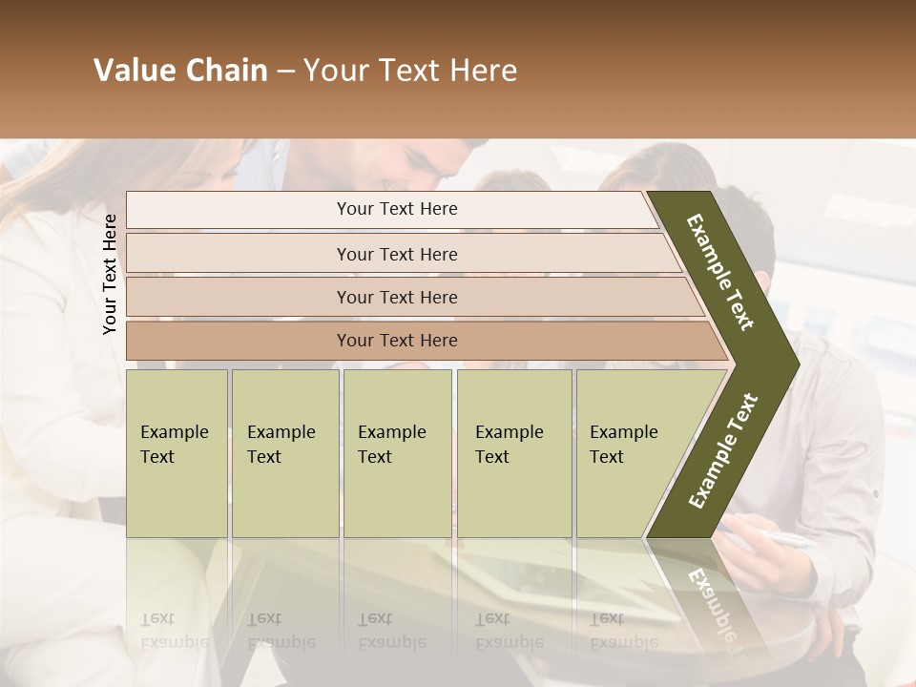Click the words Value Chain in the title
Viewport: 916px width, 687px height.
[x=180, y=71]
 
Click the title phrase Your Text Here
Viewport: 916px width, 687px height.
[x=410, y=71]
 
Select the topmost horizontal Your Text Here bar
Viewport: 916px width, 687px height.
[x=397, y=209]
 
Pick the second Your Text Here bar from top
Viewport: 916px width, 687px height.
[x=397, y=254]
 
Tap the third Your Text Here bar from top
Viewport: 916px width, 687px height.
[x=397, y=297]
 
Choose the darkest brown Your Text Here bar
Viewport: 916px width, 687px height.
[x=397, y=341]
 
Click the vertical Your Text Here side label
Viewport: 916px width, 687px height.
[x=110, y=274]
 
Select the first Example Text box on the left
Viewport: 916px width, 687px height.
[x=177, y=453]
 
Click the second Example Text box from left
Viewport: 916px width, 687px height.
[x=284, y=453]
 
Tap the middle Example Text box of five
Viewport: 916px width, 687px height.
[x=397, y=453]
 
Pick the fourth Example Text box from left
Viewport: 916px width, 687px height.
[x=514, y=453]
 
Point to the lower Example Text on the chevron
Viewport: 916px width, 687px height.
[x=723, y=450]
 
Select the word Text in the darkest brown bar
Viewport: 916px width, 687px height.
[x=397, y=341]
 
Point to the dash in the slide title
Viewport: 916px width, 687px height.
[x=285, y=72]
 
